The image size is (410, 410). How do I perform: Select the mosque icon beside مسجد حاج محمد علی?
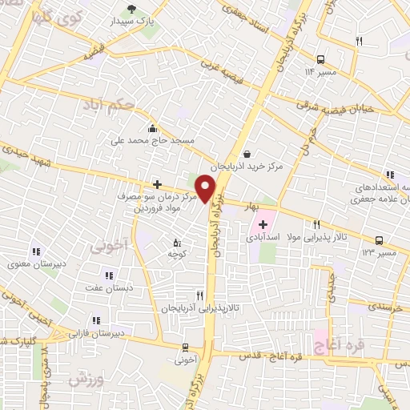click(x=152, y=128)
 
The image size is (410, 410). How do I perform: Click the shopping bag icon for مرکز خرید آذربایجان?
click(x=246, y=155)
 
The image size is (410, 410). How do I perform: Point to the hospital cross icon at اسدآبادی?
click(x=263, y=224)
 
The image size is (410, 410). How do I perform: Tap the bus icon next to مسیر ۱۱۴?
click(x=320, y=59)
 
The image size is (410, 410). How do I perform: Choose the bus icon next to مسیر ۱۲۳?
click(x=379, y=240)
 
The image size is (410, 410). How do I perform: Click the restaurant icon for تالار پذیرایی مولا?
click(x=317, y=225)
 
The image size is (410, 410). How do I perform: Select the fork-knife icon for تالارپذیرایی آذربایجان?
click(x=199, y=295)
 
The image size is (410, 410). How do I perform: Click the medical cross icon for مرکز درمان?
click(x=157, y=184)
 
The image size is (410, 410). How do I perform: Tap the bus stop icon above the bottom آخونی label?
click(x=186, y=348)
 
